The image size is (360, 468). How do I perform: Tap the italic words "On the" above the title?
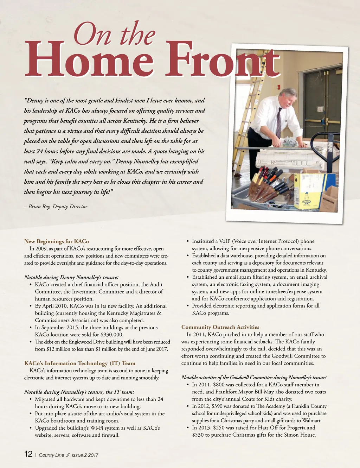[114, 34]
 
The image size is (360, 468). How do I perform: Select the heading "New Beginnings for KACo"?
[57, 241]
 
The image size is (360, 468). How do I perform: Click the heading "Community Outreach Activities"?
[220, 327]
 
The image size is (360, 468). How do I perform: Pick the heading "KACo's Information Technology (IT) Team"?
[80, 363]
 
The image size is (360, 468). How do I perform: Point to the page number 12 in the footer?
[28, 454]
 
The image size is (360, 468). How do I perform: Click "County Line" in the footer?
[51, 455]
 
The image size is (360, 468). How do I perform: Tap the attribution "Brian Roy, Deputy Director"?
[58, 207]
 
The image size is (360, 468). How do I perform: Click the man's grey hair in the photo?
[289, 92]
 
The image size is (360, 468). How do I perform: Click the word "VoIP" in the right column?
[225, 241]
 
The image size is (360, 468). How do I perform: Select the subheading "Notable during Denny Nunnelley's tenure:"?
[71, 277]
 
